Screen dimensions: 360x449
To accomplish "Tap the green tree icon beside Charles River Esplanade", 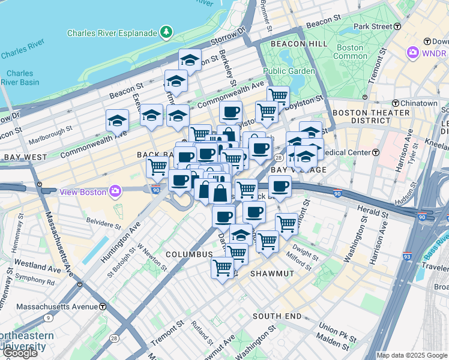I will tap(166, 32).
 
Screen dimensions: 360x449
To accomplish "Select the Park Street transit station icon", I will tap(397, 26).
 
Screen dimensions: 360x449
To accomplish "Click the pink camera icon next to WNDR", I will tap(413, 53).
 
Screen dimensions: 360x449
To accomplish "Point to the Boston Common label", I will tap(350, 52).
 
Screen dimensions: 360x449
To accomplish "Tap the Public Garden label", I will tap(289, 71).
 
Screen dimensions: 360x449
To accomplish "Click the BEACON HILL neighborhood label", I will tap(299, 44).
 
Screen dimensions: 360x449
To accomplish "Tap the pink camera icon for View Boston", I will tap(115, 191).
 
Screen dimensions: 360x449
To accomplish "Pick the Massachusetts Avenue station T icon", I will tap(103, 307).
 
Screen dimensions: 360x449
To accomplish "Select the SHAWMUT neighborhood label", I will tap(272, 274).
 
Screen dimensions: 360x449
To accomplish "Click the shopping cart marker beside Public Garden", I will tap(278, 95).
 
